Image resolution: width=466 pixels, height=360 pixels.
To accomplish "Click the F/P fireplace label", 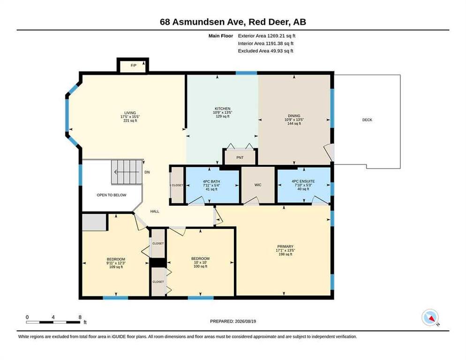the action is point(134,66).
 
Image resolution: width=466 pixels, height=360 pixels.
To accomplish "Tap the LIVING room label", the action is point(130,113).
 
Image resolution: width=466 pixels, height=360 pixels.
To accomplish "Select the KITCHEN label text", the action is point(223,109).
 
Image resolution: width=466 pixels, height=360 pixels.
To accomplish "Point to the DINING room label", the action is point(294,116).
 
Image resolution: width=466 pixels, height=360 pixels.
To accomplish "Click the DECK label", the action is point(367,120).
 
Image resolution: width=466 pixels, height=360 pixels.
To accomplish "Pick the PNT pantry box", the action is point(240,157).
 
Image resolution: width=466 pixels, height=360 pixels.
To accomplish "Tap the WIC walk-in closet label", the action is point(258,185).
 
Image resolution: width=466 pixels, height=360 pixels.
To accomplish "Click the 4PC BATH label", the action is point(211,181).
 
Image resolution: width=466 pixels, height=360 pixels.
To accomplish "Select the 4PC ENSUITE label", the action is point(303,181).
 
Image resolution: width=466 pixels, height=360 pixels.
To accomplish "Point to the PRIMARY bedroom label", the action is point(286,247).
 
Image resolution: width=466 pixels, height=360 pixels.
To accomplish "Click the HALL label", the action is point(155,211).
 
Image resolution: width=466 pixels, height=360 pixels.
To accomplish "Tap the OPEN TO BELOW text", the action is point(112,195).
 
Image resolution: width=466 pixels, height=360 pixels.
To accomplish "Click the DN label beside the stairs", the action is point(147,172).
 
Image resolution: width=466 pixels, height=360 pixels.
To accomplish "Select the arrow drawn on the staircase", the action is point(126,172).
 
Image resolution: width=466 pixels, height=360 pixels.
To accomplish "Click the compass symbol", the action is point(430,317).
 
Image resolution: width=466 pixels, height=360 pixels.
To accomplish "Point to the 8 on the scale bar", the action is point(80,317).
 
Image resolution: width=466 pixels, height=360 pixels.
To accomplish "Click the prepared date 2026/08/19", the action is point(246,322).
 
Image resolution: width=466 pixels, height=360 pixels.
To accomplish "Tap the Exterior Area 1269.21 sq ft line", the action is point(267,36).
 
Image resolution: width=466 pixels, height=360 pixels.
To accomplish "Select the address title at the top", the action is point(233,22).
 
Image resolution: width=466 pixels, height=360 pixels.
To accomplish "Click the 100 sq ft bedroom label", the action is point(200,267).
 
